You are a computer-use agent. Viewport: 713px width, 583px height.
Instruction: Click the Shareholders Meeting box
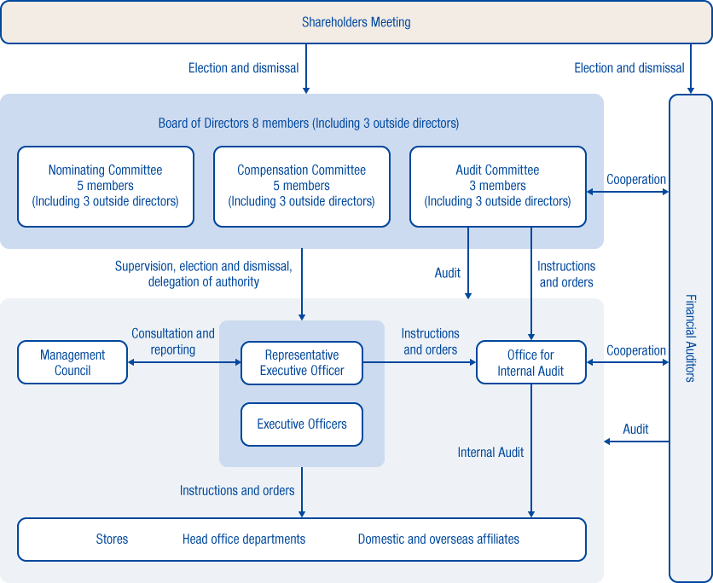point(356,22)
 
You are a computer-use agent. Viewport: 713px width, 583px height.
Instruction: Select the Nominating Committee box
point(106,186)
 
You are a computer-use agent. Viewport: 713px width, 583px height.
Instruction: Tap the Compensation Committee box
point(302,186)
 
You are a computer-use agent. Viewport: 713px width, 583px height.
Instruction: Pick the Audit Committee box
point(498,186)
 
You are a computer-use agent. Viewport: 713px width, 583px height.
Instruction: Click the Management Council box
point(72,362)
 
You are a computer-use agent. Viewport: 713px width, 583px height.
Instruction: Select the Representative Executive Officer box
point(302,362)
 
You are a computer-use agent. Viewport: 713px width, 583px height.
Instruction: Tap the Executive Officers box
point(302,424)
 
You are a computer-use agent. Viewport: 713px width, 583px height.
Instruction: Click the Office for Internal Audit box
point(530,362)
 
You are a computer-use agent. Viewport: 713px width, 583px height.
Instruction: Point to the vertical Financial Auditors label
point(690,338)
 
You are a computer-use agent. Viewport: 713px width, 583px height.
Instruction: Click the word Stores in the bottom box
point(112,539)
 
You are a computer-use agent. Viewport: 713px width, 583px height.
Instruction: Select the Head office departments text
point(244,539)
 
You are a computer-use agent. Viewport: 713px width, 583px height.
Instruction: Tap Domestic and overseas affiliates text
point(438,539)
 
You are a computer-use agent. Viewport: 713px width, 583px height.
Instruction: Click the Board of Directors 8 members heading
point(309,124)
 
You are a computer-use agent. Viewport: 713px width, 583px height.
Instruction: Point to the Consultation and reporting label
point(173,342)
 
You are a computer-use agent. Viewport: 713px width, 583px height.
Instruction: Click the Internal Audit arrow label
point(490,453)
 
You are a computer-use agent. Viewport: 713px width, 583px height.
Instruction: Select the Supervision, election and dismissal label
point(204,274)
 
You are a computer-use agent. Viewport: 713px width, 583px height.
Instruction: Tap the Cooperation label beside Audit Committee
point(636,180)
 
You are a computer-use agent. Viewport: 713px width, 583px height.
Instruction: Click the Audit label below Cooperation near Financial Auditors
point(635,430)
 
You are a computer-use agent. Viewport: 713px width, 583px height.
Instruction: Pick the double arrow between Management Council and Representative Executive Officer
point(184,362)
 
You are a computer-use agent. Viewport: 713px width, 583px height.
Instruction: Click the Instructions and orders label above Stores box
point(237,490)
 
